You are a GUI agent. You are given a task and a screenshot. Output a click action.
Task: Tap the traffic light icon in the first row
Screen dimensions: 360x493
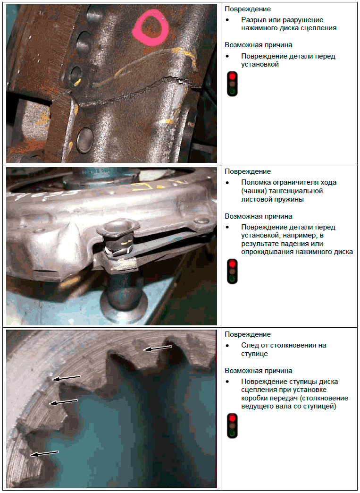(x=232, y=84)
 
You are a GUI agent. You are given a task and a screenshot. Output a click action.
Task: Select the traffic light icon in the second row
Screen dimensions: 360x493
(x=232, y=272)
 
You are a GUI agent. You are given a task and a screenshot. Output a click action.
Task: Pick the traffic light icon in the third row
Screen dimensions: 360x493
(x=232, y=426)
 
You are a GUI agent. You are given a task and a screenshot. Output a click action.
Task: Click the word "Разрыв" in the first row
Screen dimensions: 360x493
(x=252, y=20)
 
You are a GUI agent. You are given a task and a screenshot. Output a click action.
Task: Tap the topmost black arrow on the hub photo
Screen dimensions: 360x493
(x=158, y=348)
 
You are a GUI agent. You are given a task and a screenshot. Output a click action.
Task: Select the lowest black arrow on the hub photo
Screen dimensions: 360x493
(x=44, y=453)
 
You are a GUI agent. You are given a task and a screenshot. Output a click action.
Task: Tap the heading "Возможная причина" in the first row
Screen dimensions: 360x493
(x=258, y=45)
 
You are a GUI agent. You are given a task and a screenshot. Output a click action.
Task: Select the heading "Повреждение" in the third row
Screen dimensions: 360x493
(x=248, y=334)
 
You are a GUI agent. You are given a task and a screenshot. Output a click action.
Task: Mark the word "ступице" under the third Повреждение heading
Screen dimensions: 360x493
(x=254, y=354)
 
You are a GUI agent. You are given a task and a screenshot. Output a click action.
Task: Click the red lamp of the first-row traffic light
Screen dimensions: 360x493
(x=232, y=76)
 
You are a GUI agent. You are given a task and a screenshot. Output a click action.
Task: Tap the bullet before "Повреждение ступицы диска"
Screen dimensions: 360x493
(x=227, y=382)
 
